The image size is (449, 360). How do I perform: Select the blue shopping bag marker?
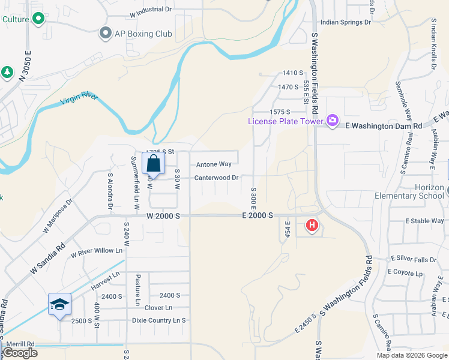pyautogui.click(x=154, y=163)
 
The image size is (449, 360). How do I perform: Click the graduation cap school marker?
pyautogui.click(x=59, y=304)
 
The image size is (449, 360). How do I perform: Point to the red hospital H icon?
pyautogui.click(x=312, y=226)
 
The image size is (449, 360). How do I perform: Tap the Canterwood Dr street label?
pyautogui.click(x=216, y=178)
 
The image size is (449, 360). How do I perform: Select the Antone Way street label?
pyautogui.click(x=213, y=164)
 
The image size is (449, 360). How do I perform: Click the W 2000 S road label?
pyautogui.click(x=163, y=215)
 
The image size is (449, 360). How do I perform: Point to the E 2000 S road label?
pyautogui.click(x=258, y=215)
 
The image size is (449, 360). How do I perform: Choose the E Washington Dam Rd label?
pyautogui.click(x=384, y=125)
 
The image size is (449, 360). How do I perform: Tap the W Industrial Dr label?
pyautogui.click(x=150, y=10)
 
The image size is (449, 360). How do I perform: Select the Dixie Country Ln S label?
pyautogui.click(x=159, y=320)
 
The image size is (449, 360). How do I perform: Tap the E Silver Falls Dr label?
pyautogui.click(x=414, y=259)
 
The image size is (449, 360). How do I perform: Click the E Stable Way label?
pyautogui.click(x=424, y=221)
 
